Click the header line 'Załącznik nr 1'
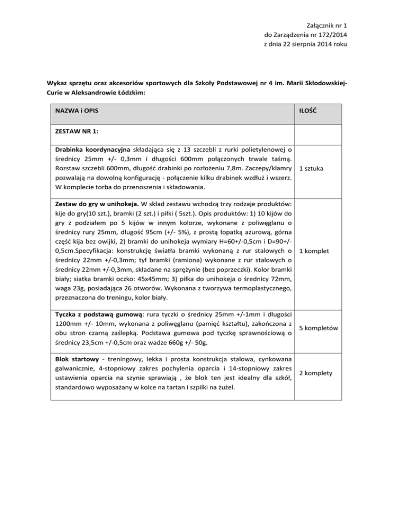click(x=322, y=24)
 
